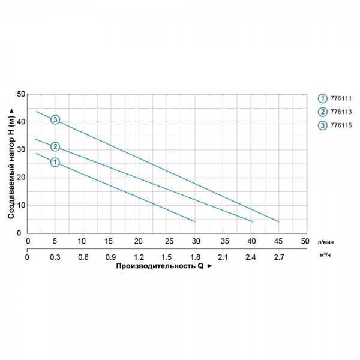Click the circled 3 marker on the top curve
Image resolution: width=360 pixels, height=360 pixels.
(x=55, y=120)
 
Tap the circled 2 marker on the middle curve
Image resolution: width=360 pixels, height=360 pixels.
(x=55, y=146)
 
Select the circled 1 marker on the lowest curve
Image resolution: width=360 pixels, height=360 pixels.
(x=55, y=162)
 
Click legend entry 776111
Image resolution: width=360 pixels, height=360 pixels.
(x=340, y=98)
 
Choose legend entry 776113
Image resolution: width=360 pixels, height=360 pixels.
(x=340, y=112)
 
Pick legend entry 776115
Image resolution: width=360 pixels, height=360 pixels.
(x=340, y=125)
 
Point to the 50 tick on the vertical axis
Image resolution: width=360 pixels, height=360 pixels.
(x=21, y=94)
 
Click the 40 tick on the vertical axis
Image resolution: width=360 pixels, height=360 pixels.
(x=21, y=122)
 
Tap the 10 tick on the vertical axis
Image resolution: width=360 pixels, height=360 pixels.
(x=21, y=205)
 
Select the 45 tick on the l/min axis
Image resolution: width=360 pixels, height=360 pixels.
(x=278, y=241)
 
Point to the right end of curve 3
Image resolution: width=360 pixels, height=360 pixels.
(x=279, y=222)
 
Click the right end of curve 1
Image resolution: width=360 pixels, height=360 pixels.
(x=195, y=222)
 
